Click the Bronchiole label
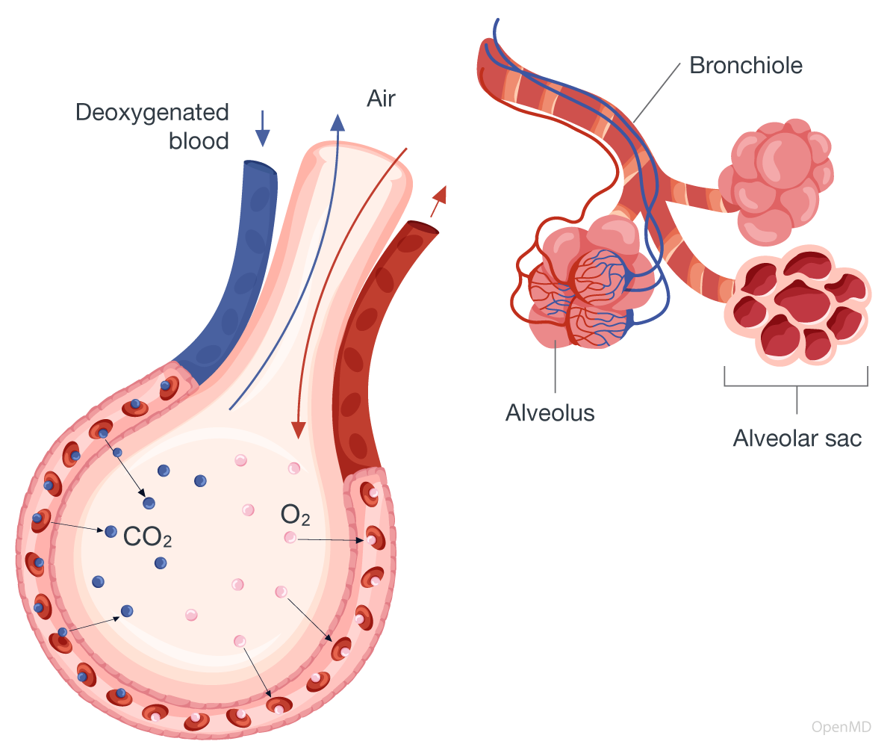[x=745, y=66]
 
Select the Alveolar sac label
[x=797, y=438]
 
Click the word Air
[x=381, y=99]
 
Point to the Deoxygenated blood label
[x=152, y=126]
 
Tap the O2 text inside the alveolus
[x=295, y=515]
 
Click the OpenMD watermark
[x=841, y=727]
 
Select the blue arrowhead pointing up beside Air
[x=337, y=122]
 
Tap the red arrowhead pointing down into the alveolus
[x=299, y=430]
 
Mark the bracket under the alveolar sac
[x=796, y=385]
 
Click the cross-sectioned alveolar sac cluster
[x=797, y=306]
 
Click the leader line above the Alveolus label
[x=556, y=370]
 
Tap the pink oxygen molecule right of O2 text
[x=290, y=537]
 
